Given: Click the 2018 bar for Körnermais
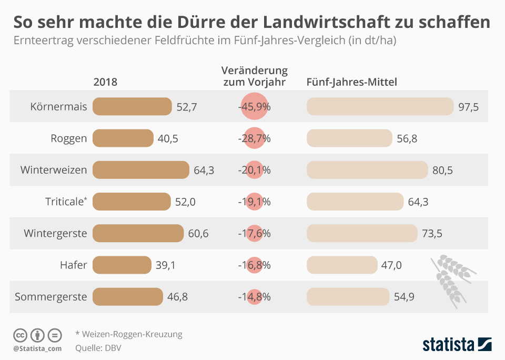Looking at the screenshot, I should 132,106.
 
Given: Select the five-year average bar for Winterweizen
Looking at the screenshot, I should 367,170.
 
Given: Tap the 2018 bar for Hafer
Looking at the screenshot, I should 122,265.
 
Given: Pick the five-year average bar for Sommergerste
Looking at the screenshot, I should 348,297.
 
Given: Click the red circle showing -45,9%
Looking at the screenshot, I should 255,106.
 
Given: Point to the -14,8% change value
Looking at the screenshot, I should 255,297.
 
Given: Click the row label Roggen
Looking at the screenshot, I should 68,138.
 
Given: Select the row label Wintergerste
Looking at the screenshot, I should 55,233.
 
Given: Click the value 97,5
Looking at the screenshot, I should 468,107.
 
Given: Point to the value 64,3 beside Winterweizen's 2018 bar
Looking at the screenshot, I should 204,170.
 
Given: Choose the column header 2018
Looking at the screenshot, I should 105,82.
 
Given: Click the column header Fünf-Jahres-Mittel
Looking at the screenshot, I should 351,82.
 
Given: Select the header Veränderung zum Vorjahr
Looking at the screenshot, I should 255,76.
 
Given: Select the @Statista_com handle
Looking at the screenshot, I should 37,348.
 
